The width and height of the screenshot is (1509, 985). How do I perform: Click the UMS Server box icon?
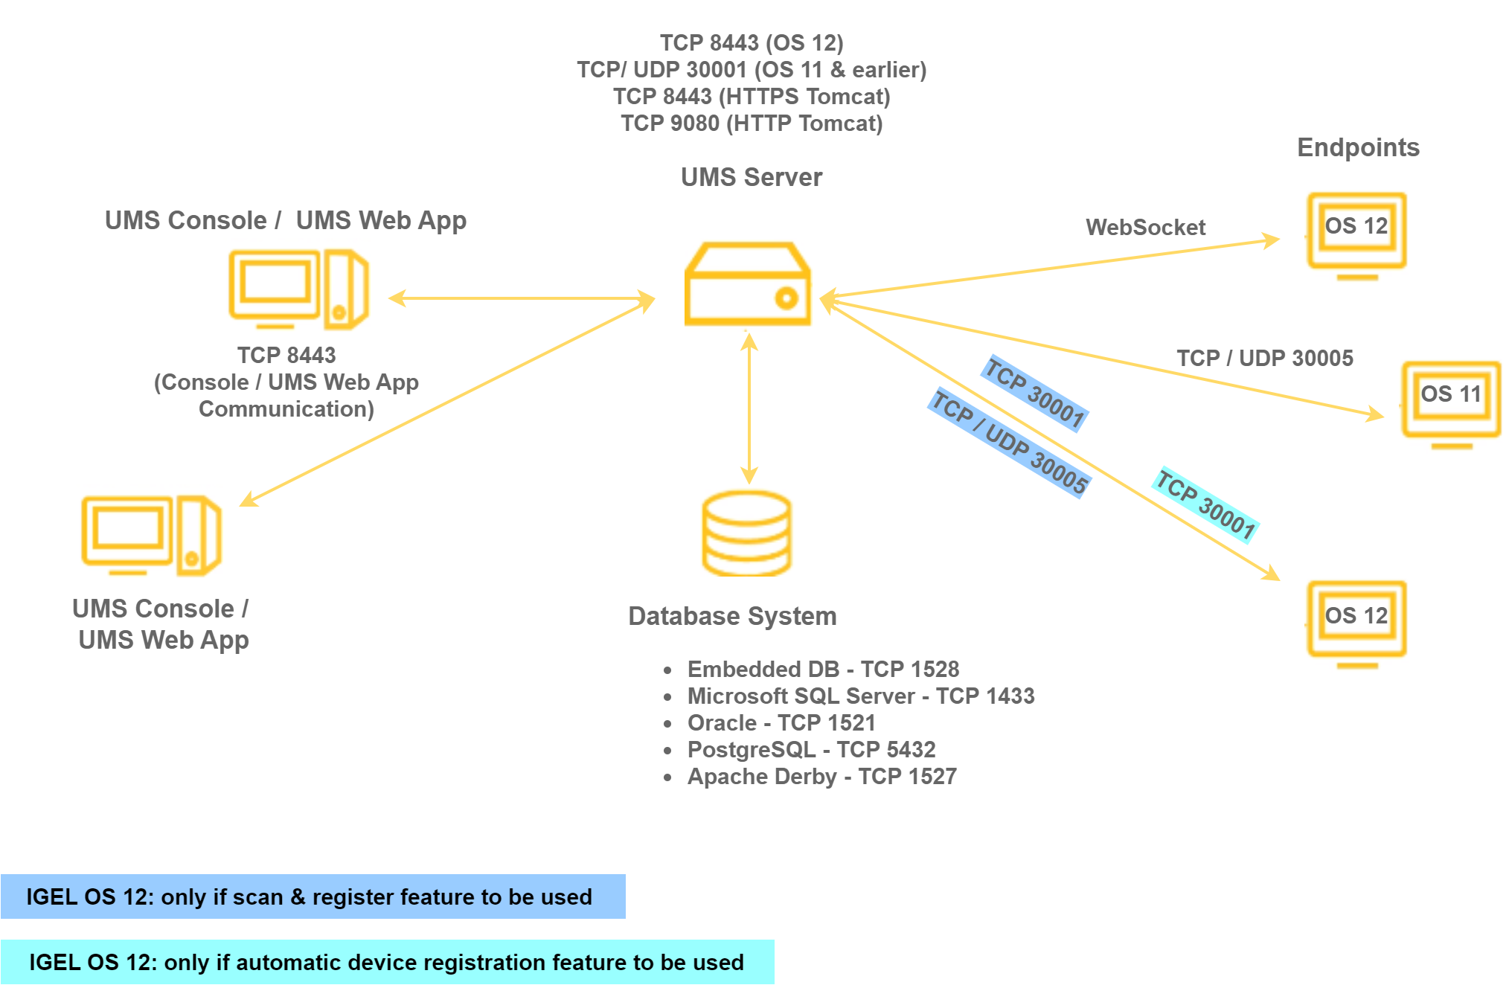point(747,285)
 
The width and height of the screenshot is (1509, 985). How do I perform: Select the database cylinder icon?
point(746,533)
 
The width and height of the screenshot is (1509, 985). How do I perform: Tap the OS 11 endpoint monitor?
point(1451,402)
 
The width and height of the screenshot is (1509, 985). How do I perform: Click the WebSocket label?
point(1145,227)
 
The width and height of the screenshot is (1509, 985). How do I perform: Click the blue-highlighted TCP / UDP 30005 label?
point(1010,443)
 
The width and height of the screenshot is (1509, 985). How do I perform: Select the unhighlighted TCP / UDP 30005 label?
point(1264,358)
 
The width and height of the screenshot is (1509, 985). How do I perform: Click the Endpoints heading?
point(1358,147)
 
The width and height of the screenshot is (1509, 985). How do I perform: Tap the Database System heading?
point(732,616)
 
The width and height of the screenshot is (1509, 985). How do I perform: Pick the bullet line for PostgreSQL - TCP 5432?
point(811,749)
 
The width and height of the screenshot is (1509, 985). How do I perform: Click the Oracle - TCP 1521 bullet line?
point(781,722)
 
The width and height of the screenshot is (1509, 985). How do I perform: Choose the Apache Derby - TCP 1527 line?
point(821,776)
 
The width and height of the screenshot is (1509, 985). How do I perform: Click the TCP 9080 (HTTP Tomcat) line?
point(752,123)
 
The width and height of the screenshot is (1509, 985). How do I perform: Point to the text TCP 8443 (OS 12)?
point(752,42)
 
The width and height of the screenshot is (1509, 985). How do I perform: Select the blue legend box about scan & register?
point(313,896)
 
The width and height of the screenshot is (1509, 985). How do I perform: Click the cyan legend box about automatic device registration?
point(387,962)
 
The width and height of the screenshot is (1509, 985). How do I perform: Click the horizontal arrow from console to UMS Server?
point(521,298)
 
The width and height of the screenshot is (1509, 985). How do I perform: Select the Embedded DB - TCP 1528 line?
point(823,669)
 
